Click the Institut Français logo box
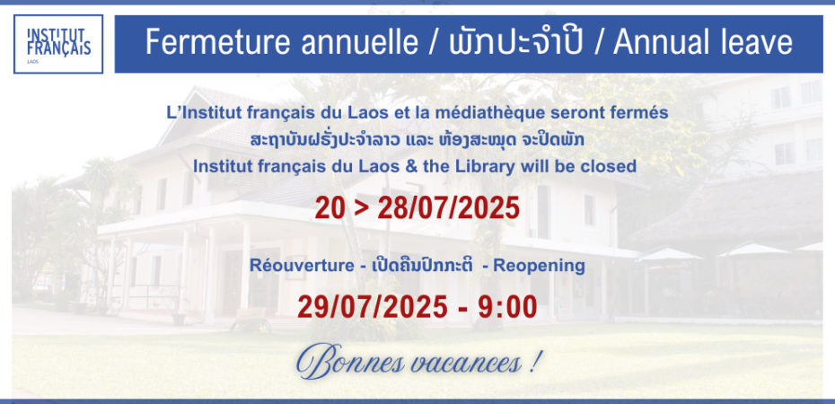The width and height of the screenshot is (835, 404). [58, 44]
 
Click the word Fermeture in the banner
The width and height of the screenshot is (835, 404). [219, 42]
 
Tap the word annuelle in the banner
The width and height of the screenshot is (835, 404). [361, 42]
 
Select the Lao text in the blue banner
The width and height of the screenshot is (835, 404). [519, 42]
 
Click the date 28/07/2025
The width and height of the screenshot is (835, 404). [448, 207]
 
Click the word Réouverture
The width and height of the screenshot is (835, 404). [302, 266]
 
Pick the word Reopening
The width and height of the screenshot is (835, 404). [539, 266]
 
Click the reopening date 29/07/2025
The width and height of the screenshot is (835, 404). [373, 307]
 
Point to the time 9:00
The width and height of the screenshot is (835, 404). [507, 307]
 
